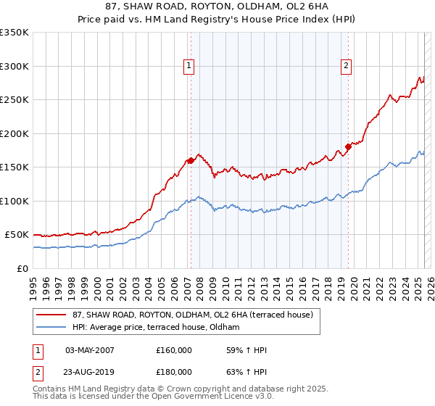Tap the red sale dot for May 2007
coord(191,161)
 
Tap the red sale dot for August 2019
coord(348,147)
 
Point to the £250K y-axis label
coord(14,100)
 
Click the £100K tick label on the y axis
coord(14,201)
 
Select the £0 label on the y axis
coord(22,268)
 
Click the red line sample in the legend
coord(51,315)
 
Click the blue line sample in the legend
coord(51,327)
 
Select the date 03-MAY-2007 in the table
coord(90,350)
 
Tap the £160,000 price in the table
coord(174,350)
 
